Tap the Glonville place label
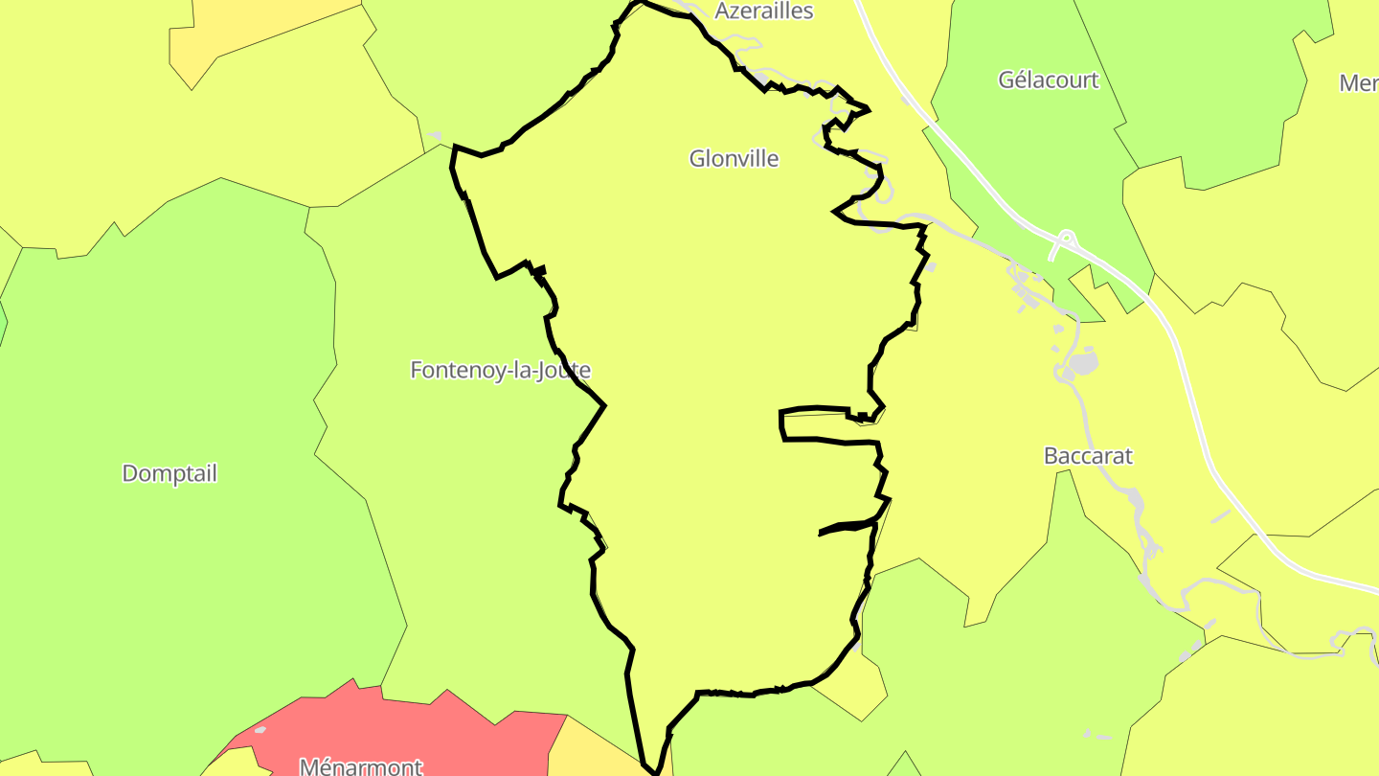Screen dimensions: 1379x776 [734, 159]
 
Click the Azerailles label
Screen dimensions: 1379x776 [764, 11]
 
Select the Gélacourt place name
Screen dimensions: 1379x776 [1049, 80]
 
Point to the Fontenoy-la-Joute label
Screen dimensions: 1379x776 [500, 370]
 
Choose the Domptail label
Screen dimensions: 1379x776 [170, 473]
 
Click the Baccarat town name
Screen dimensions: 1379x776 [1088, 456]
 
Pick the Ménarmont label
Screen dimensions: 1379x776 [361, 765]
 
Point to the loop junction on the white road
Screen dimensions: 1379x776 [1065, 237]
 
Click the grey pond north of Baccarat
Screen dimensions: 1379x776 [1082, 364]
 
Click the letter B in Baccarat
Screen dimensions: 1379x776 [1051, 456]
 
